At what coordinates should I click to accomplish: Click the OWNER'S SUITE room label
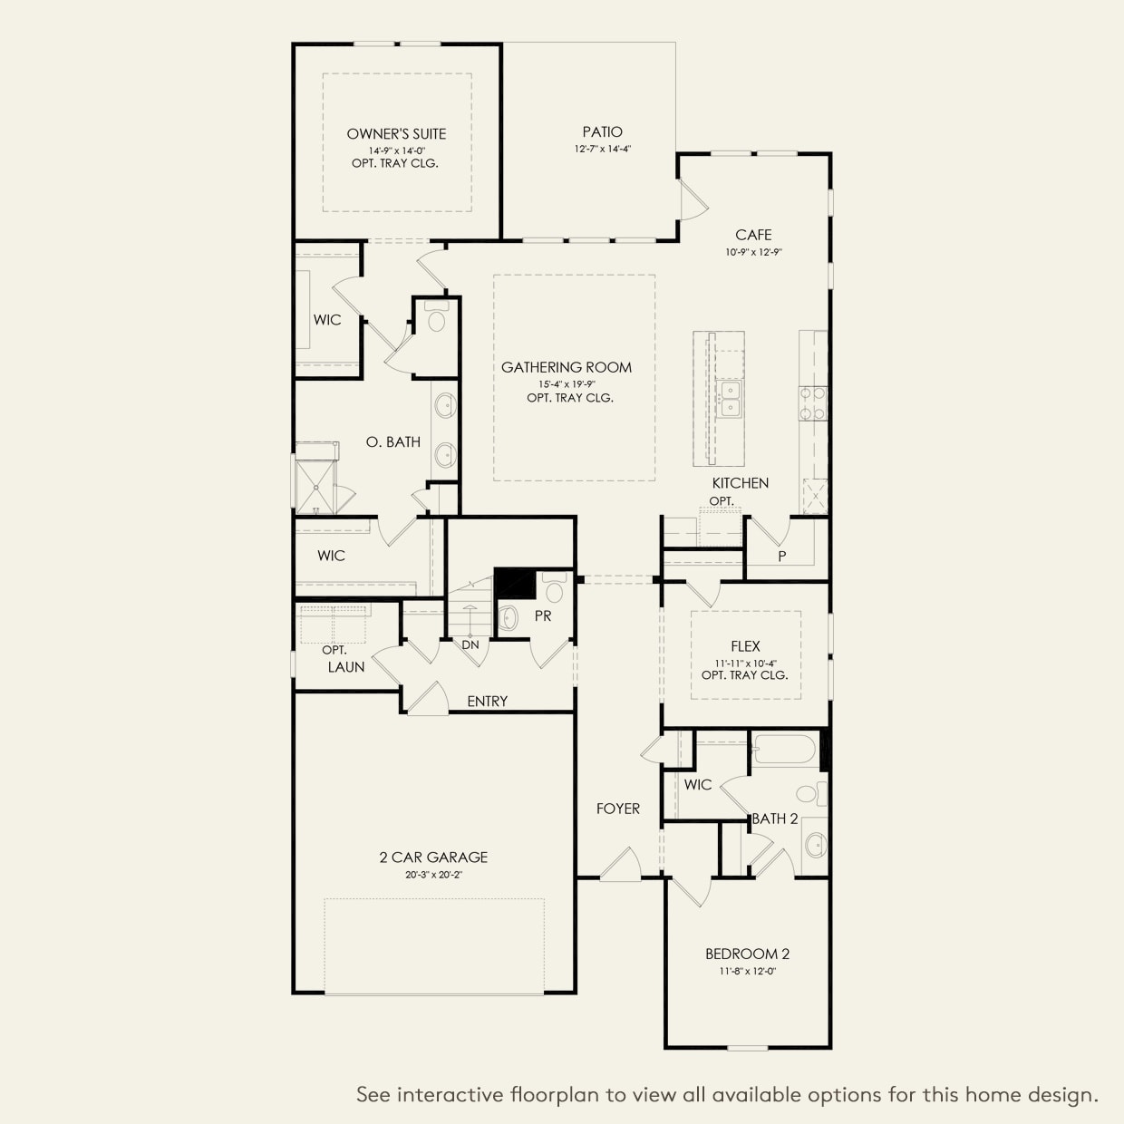point(397,134)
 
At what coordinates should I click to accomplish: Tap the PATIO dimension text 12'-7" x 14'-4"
point(603,150)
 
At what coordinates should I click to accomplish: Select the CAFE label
point(753,235)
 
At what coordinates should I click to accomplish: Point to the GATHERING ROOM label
point(567,367)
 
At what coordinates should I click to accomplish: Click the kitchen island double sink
point(729,399)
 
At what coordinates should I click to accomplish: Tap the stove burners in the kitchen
point(812,403)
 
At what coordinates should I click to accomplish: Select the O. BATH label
point(393,442)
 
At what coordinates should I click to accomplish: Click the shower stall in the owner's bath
point(315,487)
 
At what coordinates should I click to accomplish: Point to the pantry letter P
point(782,557)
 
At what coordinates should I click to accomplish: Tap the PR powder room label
point(543,616)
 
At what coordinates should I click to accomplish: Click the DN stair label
point(470,644)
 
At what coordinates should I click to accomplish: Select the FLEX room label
point(745,646)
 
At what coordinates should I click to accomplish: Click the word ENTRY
point(487,701)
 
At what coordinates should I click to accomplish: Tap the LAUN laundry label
point(346,667)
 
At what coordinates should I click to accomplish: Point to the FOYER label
point(618,809)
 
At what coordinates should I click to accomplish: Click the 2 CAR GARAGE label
point(433,858)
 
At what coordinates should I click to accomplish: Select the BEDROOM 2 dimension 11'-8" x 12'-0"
point(748,971)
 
